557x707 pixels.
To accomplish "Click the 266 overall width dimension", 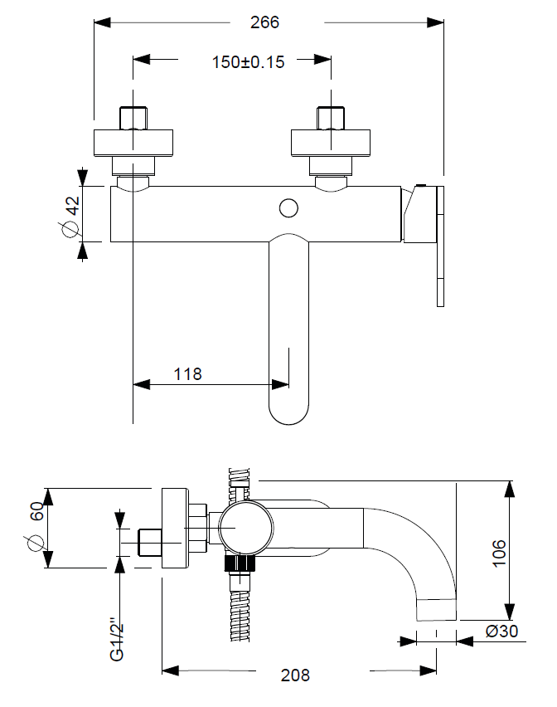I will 265,22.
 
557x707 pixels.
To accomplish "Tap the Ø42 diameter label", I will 70,214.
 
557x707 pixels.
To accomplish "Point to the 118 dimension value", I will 187,374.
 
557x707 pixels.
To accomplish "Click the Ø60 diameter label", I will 36,527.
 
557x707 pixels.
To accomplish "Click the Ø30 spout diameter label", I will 501,631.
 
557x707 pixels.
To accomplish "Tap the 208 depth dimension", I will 295,675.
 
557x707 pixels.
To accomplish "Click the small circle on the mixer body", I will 289,207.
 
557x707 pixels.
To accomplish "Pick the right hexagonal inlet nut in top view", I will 330,118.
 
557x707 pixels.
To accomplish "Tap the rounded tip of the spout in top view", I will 289,412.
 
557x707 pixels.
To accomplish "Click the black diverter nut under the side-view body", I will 240,564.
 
